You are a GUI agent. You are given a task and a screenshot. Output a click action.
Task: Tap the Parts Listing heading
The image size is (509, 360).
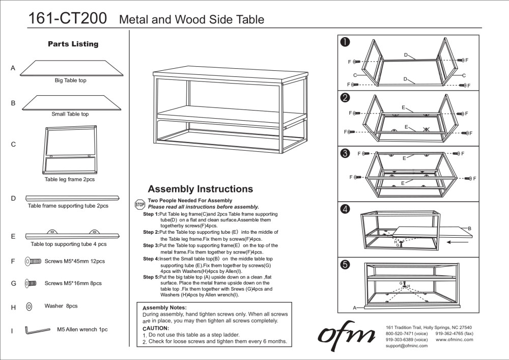click(73, 44)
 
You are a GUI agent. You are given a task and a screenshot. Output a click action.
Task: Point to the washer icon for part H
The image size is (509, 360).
click(29, 307)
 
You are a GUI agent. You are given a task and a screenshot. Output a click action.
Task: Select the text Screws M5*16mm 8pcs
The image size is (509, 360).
click(73, 283)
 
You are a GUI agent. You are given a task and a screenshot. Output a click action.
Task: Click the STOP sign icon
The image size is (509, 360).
click(140, 204)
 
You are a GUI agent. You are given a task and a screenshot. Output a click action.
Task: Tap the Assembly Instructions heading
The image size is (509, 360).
click(200, 189)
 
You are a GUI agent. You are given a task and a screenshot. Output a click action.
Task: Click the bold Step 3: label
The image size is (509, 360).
click(151, 245)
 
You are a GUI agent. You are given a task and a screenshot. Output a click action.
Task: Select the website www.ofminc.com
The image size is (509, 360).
click(455, 339)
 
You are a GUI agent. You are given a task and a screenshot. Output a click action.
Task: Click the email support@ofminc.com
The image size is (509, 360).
click(406, 346)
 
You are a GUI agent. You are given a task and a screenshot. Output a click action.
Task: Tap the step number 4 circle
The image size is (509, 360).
click(345, 209)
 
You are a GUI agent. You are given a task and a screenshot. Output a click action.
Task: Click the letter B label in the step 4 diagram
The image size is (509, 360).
click(469, 229)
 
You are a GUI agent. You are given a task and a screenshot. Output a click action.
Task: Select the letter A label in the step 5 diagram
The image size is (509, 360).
click(354, 308)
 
